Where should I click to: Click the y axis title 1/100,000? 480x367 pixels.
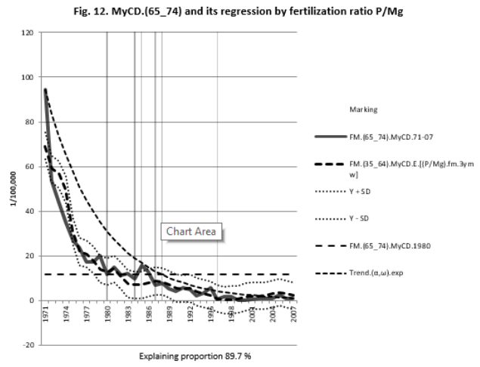[11, 189]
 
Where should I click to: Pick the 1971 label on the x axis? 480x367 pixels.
[46, 313]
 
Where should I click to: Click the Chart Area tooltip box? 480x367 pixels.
[192, 232]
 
